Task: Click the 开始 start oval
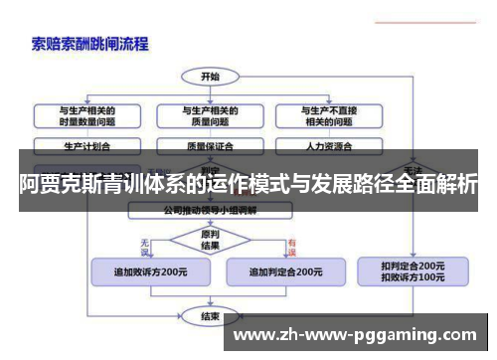[210, 76]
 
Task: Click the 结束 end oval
[210, 317]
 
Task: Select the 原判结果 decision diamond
[210, 240]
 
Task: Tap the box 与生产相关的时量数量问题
[86, 115]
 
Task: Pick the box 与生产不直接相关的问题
[322, 115]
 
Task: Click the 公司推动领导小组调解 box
[210, 210]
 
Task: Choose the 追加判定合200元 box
[284, 271]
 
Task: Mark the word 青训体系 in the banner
[157, 184]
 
